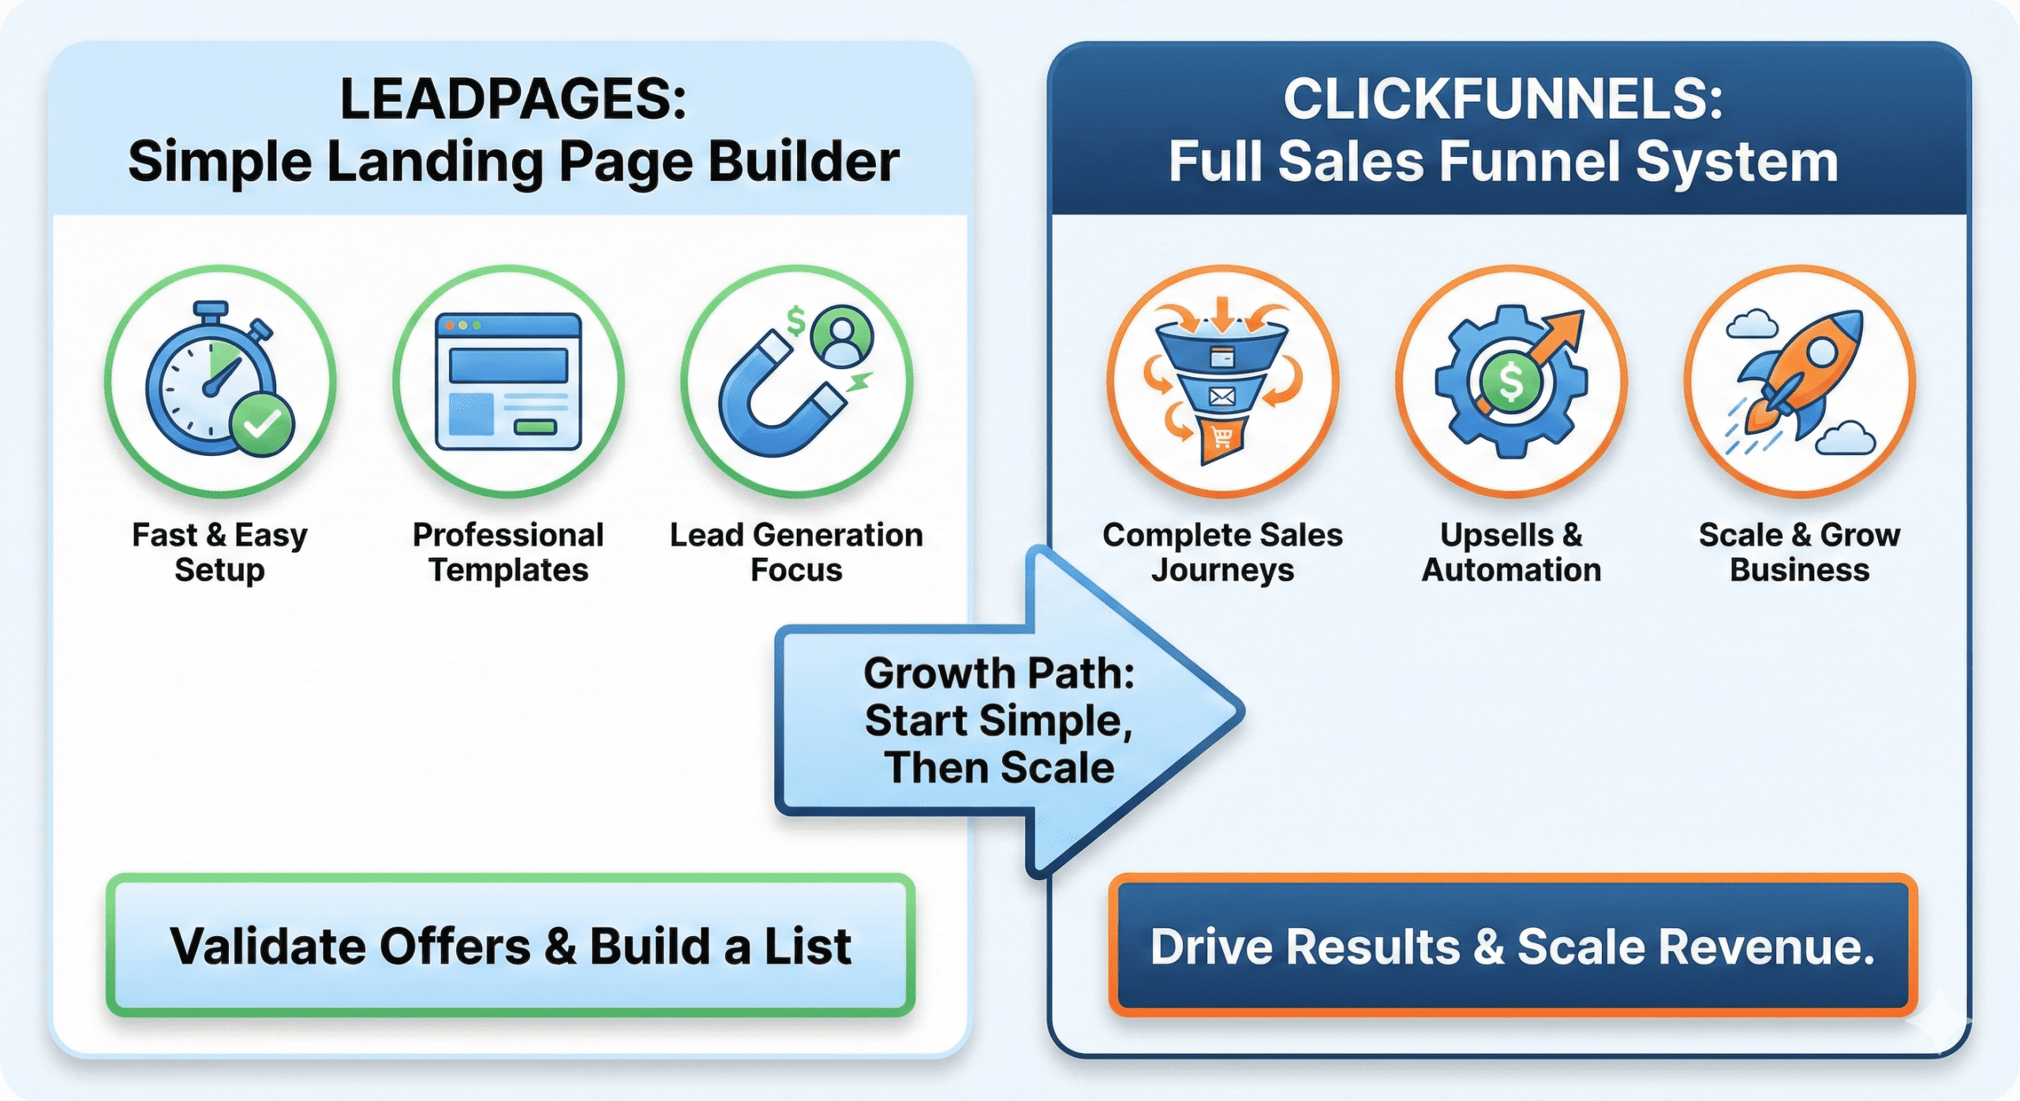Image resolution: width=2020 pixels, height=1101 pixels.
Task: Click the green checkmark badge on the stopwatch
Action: click(262, 424)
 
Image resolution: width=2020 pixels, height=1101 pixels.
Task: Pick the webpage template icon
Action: click(508, 382)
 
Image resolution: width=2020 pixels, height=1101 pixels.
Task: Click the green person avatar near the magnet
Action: click(843, 336)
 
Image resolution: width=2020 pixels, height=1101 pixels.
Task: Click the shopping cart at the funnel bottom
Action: click(1222, 437)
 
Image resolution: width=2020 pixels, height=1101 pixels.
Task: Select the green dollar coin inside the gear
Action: click(1509, 382)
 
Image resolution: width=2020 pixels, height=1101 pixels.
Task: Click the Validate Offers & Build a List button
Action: click(511, 945)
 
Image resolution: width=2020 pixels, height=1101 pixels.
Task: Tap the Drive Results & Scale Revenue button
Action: click(1512, 945)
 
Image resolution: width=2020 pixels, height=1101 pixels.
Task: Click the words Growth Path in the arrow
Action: click(999, 674)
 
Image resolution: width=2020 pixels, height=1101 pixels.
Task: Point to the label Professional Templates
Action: click(508, 552)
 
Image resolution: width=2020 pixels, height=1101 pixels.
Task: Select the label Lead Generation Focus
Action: click(796, 552)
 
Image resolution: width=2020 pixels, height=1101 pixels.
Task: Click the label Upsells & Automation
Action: click(1511, 552)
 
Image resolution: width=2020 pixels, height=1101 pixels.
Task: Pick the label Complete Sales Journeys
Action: click(1222, 552)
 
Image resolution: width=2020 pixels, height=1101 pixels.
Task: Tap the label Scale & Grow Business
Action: click(1799, 552)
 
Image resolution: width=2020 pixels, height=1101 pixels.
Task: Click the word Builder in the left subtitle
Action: click(803, 162)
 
